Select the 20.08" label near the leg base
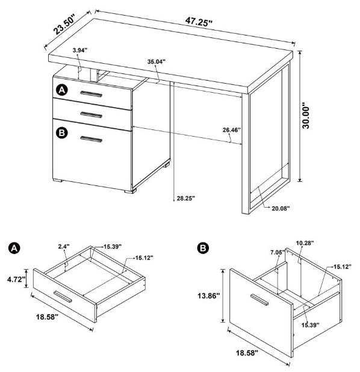click(281, 208)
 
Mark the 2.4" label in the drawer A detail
click(64, 246)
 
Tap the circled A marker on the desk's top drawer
click(61, 90)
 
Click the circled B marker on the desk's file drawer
click(61, 132)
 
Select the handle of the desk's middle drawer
click(92, 114)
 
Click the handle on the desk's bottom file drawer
click(92, 140)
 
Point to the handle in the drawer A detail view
click(63, 296)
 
